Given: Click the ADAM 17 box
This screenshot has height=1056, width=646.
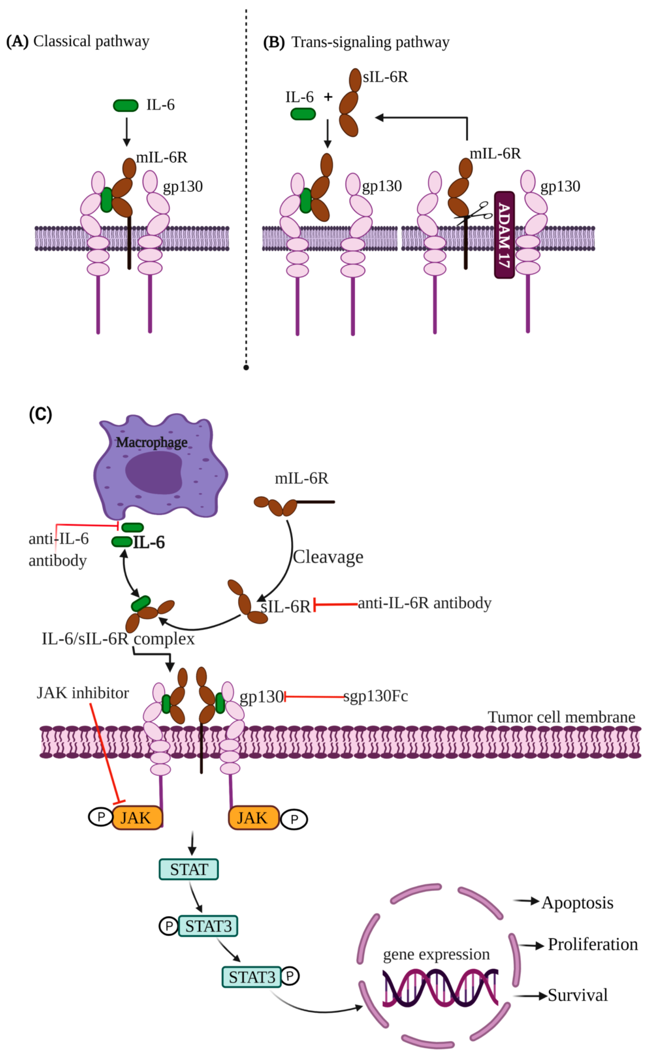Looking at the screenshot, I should coord(504,235).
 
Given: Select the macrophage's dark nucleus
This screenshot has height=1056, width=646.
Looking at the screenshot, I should coord(153,472).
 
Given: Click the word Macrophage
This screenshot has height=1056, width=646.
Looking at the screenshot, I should coord(151,442).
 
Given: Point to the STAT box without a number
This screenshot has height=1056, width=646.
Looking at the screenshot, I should coord(188,869).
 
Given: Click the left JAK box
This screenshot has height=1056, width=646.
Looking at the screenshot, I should coord(137,818).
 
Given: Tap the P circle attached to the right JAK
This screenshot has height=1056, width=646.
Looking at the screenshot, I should coord(294,820).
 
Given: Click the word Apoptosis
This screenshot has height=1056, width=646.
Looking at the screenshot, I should coord(577,903).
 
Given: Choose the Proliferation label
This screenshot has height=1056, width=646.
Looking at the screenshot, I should coord(593,944).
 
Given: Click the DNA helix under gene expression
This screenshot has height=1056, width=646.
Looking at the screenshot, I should coord(440,988).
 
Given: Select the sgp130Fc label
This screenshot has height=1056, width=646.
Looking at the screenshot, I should coord(376,696).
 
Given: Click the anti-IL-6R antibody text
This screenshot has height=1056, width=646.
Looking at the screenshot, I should coord(424,603).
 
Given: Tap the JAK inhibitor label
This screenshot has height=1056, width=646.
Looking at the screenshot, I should coord(83,693).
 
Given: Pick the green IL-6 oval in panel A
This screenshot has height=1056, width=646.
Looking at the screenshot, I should coord(126,105).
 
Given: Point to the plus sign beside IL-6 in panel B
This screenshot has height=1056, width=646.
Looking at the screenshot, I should coord(328,97).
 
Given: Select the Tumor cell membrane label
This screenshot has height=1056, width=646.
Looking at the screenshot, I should coord(561,717).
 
